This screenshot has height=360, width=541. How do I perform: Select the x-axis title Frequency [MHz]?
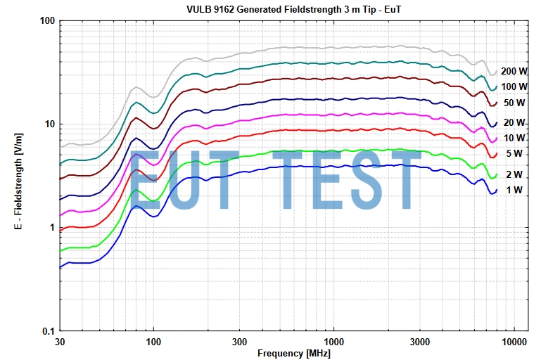click(293, 352)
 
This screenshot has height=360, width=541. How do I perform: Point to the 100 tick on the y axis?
click(46, 20)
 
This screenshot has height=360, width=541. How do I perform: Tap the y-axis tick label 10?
click(49, 124)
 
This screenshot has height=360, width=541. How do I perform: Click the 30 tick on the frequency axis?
click(60, 342)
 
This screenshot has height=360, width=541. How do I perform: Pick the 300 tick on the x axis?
click(240, 342)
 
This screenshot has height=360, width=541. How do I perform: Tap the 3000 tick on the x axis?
click(419, 342)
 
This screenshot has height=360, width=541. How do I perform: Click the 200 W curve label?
click(514, 71)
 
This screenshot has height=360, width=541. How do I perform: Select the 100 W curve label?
click(514, 86)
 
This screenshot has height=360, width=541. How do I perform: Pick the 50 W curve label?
click(514, 103)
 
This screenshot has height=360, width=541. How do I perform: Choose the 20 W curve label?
click(514, 122)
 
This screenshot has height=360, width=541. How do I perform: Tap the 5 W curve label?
click(514, 153)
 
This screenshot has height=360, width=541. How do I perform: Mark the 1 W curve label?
click(514, 190)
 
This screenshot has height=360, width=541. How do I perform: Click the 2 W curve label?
click(514, 174)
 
